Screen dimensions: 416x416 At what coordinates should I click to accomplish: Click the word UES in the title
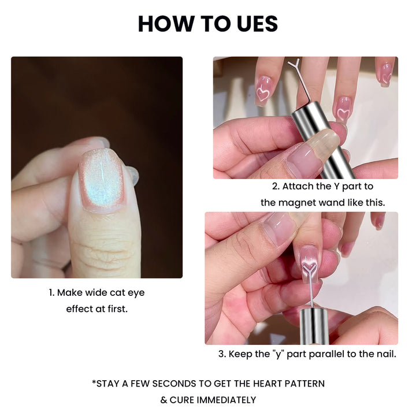pos(257,24)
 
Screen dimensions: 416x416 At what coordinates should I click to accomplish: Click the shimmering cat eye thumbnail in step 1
pos(102,181)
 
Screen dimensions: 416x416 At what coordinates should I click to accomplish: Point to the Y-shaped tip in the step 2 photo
pos(294,65)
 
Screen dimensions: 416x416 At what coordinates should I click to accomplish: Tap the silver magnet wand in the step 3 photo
pos(314,326)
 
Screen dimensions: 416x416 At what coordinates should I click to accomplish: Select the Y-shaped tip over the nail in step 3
pos(309,269)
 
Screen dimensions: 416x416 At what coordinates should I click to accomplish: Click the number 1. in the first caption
pos(52,293)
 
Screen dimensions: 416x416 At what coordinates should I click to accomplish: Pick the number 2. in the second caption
pos(276,187)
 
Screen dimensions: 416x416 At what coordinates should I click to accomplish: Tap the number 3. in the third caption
pos(222,354)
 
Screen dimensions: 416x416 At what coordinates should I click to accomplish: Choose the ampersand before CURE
pos(164,400)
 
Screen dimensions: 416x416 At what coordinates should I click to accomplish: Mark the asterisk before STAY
pos(94,382)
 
